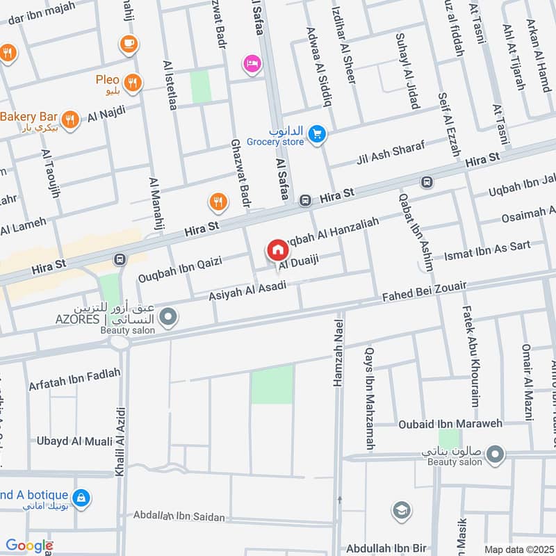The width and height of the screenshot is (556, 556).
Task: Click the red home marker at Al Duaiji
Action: click(x=277, y=250)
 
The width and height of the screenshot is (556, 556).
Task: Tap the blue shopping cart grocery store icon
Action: click(x=317, y=134)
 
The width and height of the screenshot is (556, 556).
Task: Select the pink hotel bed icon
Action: click(x=252, y=64)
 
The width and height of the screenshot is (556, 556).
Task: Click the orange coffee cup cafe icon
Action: click(x=129, y=44)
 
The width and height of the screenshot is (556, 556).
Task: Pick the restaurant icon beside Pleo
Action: click(x=133, y=83)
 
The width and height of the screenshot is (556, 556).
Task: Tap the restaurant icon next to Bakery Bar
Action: click(x=69, y=118)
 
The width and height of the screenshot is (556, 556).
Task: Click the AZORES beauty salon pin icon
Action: click(x=167, y=318)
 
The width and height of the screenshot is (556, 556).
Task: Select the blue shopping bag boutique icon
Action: click(x=81, y=497)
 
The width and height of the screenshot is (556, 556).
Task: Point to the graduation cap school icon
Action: click(x=400, y=511)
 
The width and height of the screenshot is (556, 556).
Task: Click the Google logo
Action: click(x=28, y=546)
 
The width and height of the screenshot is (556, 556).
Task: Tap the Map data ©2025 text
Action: click(x=518, y=549)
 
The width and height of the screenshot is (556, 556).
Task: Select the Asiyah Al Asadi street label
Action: click(x=247, y=291)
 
